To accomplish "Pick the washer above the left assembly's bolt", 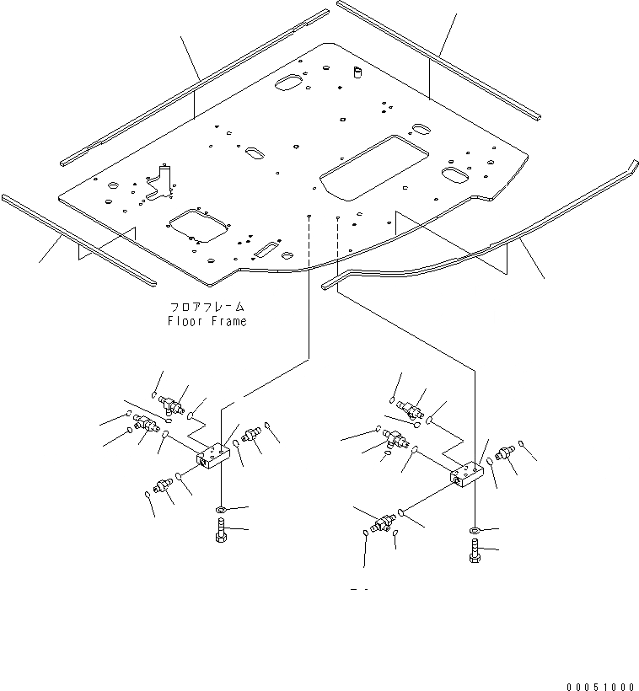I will [220, 510].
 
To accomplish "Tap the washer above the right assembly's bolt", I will [473, 530].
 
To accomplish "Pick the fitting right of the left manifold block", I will [250, 435].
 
